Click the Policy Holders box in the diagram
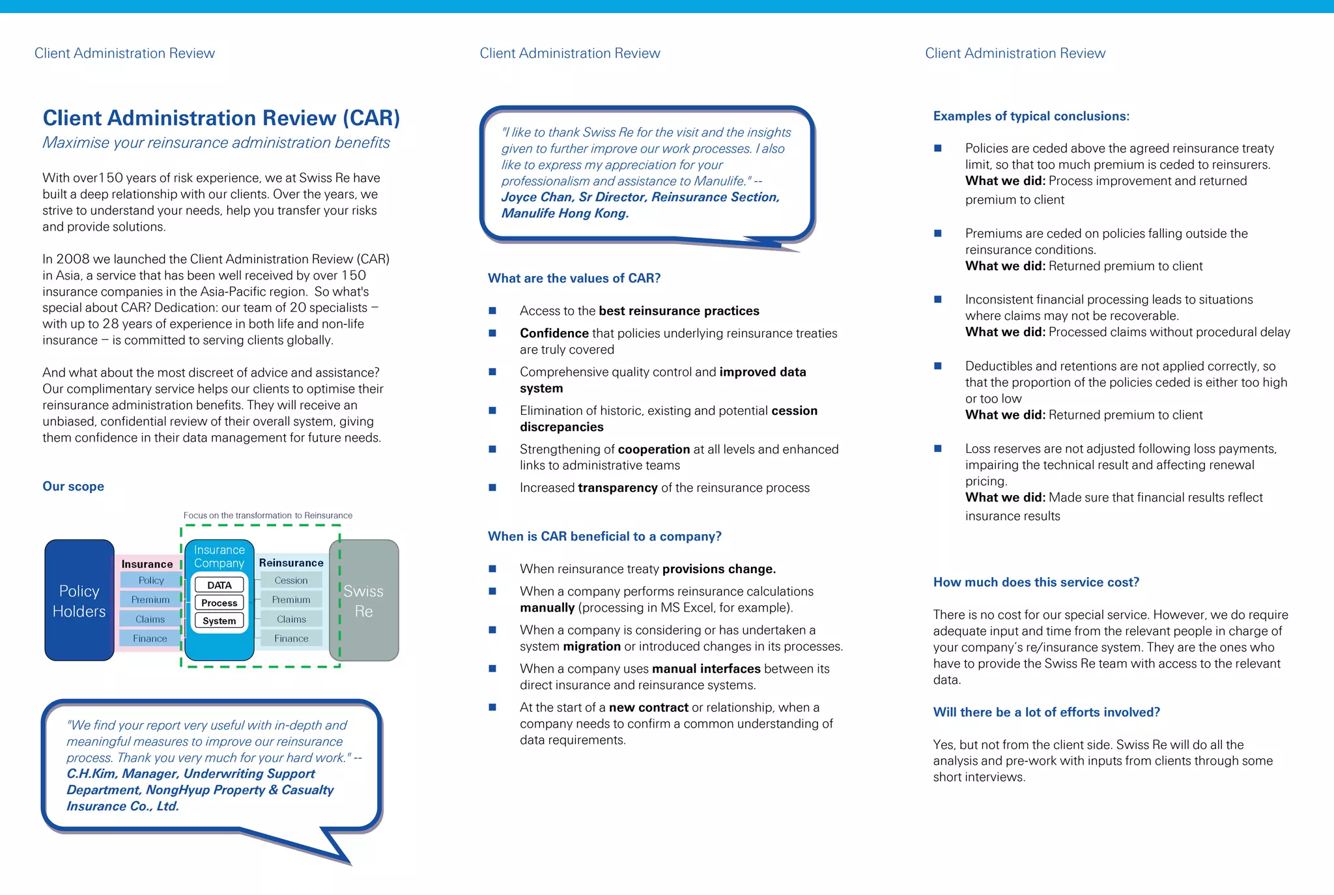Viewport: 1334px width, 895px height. point(79,600)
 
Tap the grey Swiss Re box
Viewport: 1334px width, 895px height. point(363,600)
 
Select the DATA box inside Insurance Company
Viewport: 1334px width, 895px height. point(220,585)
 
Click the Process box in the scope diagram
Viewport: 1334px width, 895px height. point(220,603)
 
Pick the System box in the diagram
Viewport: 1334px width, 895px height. point(220,621)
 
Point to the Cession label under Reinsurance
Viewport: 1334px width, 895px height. point(291,580)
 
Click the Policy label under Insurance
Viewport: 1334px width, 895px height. point(150,580)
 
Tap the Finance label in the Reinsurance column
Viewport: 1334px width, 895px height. point(291,638)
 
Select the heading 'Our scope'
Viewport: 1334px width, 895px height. point(73,486)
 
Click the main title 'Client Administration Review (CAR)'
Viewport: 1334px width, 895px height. point(221,118)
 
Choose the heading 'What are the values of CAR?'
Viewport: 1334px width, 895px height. point(574,278)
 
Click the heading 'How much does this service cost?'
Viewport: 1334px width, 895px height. point(1036,582)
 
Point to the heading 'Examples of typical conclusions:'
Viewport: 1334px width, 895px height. point(1031,116)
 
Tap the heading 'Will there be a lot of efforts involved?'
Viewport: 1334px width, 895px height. point(1046,712)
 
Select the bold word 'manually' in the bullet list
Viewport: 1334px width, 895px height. point(547,608)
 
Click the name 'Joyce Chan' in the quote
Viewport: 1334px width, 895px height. point(537,197)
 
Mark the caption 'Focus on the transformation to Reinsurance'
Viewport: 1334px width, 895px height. point(268,515)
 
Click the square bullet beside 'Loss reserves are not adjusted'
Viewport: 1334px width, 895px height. point(938,448)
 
